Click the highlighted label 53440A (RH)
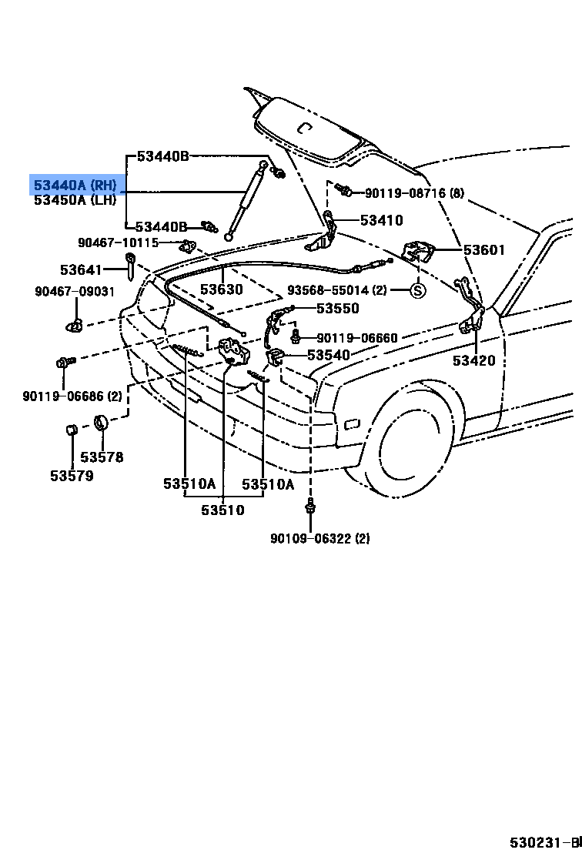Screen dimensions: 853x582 75,185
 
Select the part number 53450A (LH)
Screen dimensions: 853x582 75,200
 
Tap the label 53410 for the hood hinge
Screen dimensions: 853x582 381,221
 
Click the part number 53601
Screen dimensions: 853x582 484,249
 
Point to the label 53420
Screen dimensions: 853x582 474,360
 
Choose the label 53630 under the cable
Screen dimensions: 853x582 222,289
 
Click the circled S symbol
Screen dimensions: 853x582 416,291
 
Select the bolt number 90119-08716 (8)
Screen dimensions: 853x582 414,193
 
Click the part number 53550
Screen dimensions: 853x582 338,308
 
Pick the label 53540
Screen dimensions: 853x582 329,355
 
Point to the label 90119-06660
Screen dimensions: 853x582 357,338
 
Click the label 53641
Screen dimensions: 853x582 81,269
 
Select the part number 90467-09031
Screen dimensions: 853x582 75,291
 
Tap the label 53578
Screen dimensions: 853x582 102,457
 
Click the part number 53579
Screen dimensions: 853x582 72,476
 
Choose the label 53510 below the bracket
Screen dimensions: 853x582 223,510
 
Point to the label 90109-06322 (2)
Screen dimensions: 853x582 319,539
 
